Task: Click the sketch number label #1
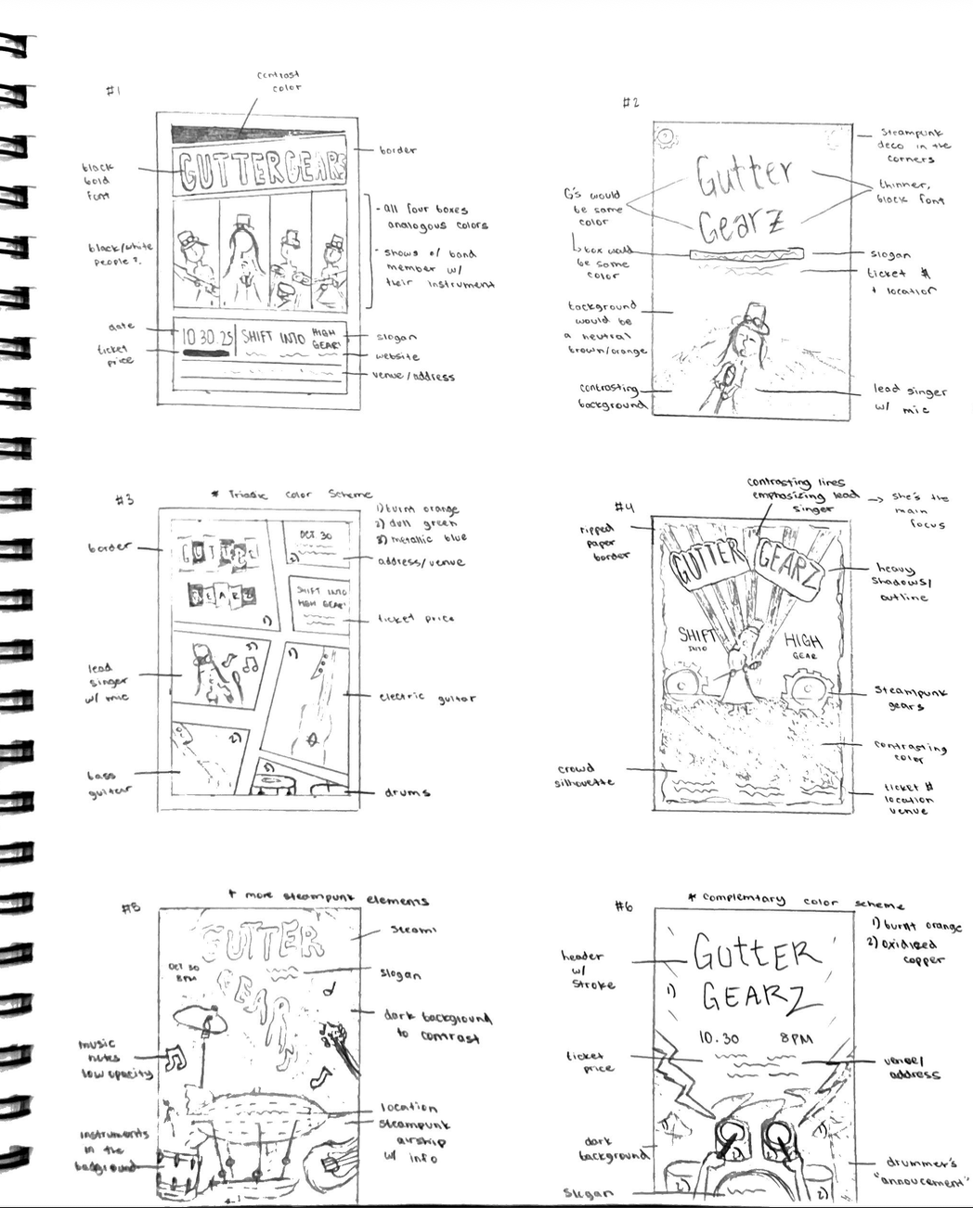pos(113,91)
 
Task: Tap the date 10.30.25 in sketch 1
pos(206,339)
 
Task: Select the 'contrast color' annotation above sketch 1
pos(279,81)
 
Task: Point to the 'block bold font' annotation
pos(98,182)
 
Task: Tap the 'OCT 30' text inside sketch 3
pos(315,535)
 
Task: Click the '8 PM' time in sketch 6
pos(797,1038)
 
